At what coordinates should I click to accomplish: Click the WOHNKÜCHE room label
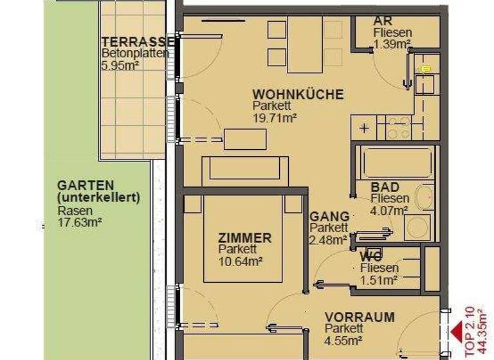(x=298, y=94)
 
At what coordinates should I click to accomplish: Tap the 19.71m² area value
(x=275, y=118)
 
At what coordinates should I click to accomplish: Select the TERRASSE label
(x=134, y=41)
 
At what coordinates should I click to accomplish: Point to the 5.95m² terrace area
(x=120, y=65)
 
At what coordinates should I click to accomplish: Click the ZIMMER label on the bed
(x=244, y=238)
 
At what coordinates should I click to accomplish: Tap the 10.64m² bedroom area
(x=241, y=261)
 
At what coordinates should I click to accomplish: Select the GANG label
(x=329, y=217)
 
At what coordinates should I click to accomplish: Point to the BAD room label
(x=385, y=187)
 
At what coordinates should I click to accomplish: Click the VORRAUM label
(x=360, y=318)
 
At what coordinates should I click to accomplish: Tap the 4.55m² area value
(x=343, y=341)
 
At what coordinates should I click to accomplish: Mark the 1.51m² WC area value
(x=379, y=279)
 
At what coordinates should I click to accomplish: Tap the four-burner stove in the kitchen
(x=398, y=127)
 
